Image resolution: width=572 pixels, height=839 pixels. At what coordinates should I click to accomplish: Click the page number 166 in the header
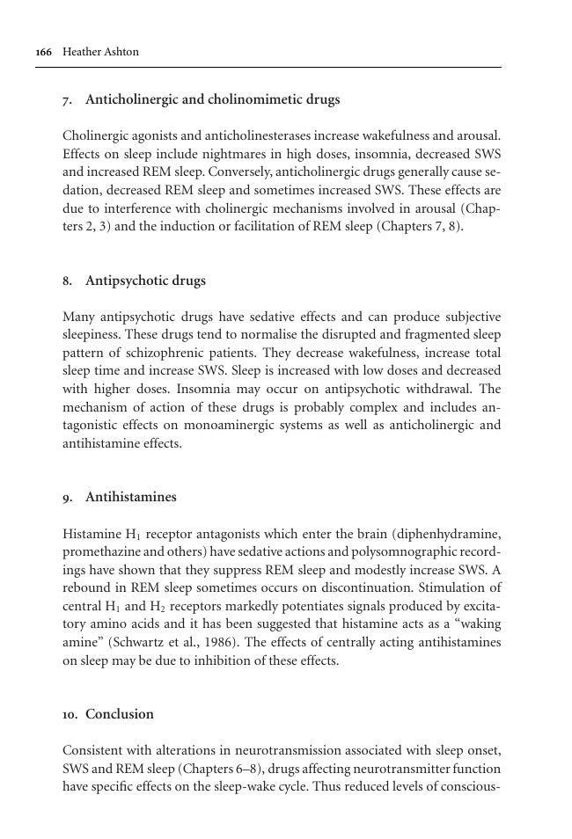[x=43, y=52]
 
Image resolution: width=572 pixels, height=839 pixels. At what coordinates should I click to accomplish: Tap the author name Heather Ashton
[x=100, y=52]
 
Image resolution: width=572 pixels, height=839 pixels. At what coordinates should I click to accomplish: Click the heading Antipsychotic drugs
[x=145, y=281]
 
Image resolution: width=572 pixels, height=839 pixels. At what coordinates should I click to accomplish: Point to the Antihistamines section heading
[x=130, y=497]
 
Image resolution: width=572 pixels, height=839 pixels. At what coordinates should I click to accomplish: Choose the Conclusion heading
[x=119, y=714]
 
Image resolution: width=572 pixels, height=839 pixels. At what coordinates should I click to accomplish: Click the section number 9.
[x=67, y=497]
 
